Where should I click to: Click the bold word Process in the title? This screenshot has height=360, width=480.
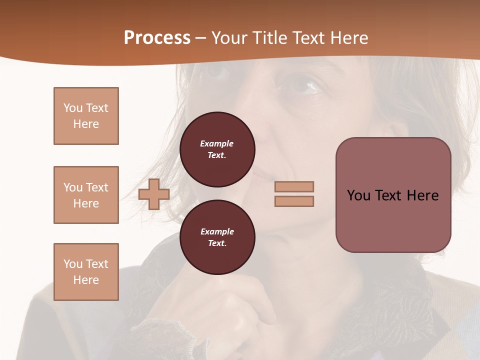coord(157,38)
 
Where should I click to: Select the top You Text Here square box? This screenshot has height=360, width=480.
coord(86,116)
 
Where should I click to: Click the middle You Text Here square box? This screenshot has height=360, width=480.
coord(86,195)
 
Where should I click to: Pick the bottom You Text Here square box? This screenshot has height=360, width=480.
coord(86,272)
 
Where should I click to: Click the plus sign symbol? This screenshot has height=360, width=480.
coord(154,194)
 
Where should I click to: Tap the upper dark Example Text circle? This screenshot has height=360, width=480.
coord(217,149)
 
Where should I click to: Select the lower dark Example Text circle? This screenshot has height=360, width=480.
coord(217,237)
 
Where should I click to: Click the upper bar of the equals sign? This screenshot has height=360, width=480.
coord(294,186)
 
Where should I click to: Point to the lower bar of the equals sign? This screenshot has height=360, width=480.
coord(294,201)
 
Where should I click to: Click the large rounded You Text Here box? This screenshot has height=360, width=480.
coord(393,195)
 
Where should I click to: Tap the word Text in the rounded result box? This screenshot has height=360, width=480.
coord(388,195)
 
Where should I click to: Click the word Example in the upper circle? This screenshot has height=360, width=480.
coord(217,143)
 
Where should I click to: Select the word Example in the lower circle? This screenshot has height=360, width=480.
coord(217,231)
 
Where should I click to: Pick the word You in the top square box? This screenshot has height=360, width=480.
coord(72,108)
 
